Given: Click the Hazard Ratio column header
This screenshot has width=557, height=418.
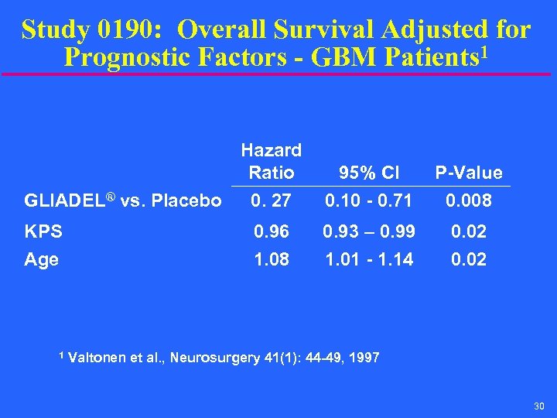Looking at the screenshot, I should point(271,160).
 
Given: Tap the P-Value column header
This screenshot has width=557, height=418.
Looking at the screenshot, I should point(468,172).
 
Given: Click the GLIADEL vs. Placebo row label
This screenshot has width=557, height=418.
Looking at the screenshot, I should point(123,201).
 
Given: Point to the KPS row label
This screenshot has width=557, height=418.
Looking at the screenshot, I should point(43,231).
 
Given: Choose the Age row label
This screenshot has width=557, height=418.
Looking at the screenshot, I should point(42,260).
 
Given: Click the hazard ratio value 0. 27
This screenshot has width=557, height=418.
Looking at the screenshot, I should point(271,201).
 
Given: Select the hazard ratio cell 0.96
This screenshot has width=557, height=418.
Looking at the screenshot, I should point(271,231).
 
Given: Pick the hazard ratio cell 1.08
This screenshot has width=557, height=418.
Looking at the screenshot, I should point(271,260).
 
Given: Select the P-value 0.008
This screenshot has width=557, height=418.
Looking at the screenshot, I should point(468,201).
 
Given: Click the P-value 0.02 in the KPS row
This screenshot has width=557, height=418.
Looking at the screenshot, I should point(468,231).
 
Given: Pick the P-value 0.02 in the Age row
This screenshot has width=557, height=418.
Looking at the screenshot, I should point(468,260).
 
